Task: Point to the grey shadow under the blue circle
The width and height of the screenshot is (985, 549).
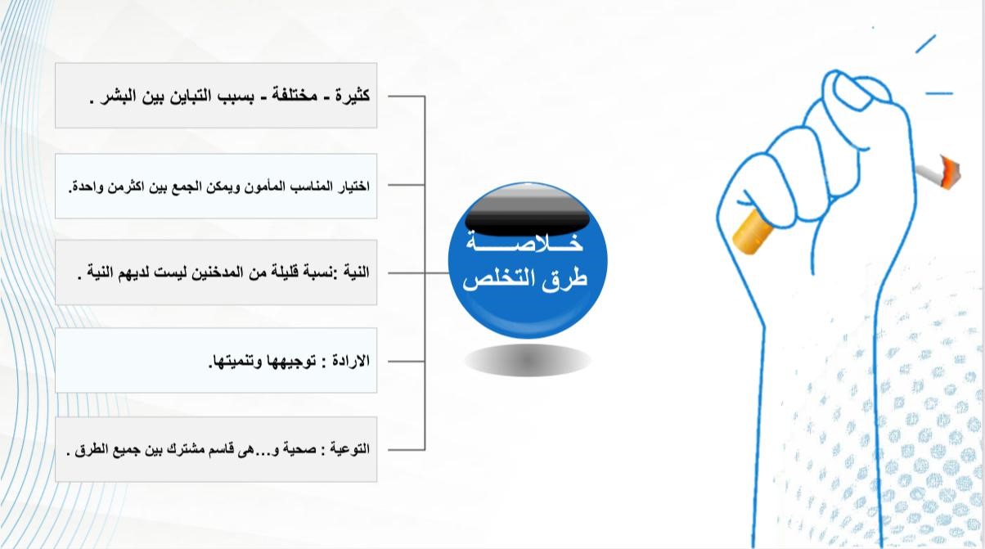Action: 528,360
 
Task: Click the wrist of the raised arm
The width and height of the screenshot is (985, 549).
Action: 818,327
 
